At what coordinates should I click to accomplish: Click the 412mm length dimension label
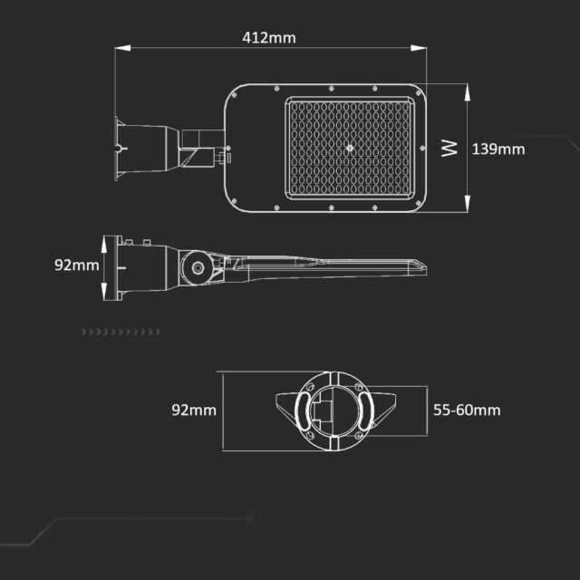269,38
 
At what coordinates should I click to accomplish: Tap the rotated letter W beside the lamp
450,149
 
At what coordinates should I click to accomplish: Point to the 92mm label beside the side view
76,266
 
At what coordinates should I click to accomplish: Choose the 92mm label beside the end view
194,410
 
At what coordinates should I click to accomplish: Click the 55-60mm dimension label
466,410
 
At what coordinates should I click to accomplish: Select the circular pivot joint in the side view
195,267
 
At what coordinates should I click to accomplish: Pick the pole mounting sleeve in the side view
136,267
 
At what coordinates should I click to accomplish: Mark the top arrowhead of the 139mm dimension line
466,88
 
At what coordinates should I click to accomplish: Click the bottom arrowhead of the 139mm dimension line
466,208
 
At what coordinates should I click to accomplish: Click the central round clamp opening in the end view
333,412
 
